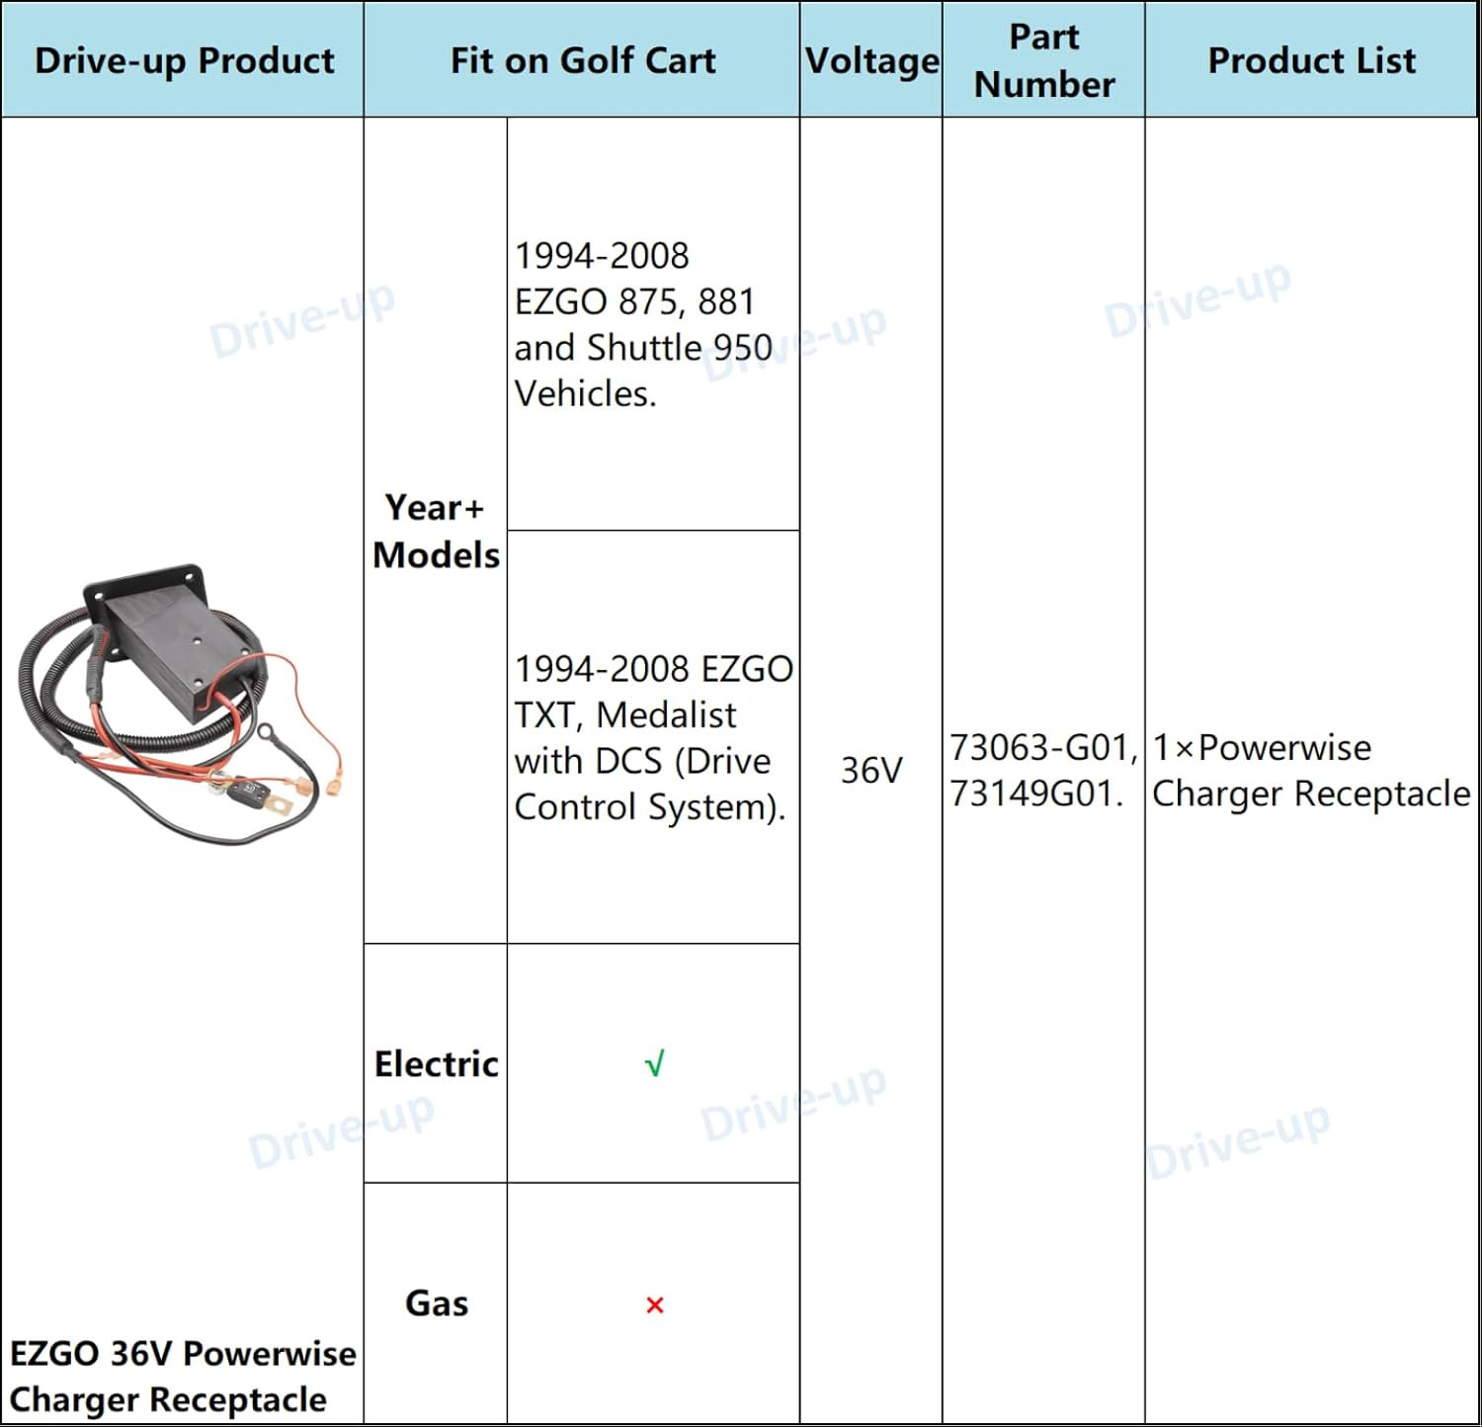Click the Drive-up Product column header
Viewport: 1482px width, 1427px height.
184,60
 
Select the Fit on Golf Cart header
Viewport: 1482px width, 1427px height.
583,60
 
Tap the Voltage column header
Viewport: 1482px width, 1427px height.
871,60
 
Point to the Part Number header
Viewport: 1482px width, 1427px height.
1044,60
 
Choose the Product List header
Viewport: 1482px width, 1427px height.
1311,60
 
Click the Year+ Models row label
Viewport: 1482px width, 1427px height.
436,532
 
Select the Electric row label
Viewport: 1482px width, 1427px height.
436,1064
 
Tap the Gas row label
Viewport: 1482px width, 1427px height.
436,1303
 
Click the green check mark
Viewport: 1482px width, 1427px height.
654,1064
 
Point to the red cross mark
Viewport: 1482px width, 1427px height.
654,1305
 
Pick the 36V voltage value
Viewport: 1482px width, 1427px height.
871,771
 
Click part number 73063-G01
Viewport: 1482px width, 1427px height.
1041,748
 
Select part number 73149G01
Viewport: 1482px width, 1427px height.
1035,794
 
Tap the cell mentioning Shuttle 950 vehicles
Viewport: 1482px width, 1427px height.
643,324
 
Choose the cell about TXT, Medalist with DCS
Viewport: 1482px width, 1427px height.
652,738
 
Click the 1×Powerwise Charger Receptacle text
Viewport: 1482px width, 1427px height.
1311,771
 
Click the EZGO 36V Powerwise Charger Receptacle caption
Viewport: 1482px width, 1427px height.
183,1377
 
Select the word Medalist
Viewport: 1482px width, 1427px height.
667,714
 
